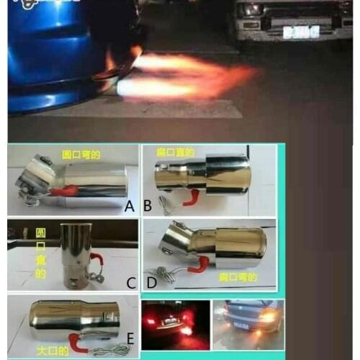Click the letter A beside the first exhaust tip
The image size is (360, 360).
point(130,207)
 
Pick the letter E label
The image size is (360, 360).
point(130,339)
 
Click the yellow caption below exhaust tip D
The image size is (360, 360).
point(234,275)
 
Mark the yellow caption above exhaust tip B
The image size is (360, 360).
point(176,153)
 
